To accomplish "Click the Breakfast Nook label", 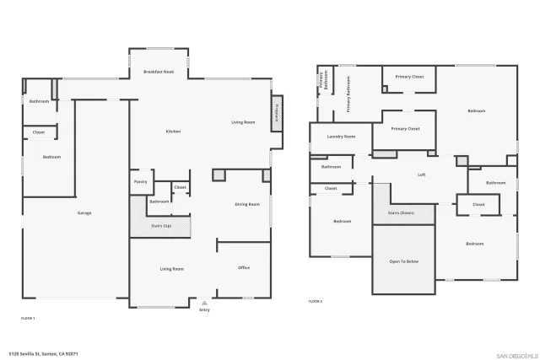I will tap(159, 73).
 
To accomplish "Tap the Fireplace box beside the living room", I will tap(275, 113).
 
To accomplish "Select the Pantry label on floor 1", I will tap(140, 181).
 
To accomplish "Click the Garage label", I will tap(84, 212).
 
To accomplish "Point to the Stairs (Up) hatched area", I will tap(160, 226).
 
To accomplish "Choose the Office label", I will tap(244, 268).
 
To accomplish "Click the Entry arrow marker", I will tap(204, 302).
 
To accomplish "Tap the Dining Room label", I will tap(247, 204).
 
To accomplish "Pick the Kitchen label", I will tap(173, 132).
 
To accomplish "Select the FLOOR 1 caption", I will tap(28, 318).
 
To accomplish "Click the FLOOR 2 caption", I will tap(315, 301).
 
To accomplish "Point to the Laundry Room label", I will tap(341, 136).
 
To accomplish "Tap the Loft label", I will tap(422, 175).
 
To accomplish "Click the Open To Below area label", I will tap(403, 261).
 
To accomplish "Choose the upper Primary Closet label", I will tap(410, 77).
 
